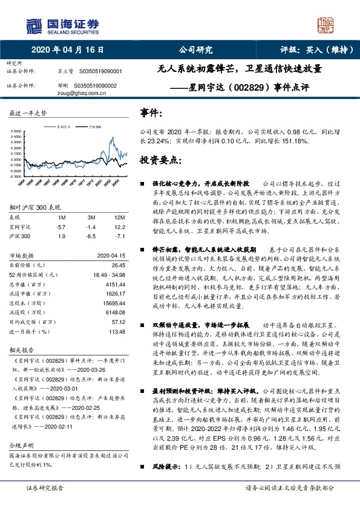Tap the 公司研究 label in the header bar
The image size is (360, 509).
click(195, 50)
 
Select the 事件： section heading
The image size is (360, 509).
click(151, 113)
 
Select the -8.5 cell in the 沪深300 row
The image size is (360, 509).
click(91, 236)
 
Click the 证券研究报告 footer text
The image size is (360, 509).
click(45, 503)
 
